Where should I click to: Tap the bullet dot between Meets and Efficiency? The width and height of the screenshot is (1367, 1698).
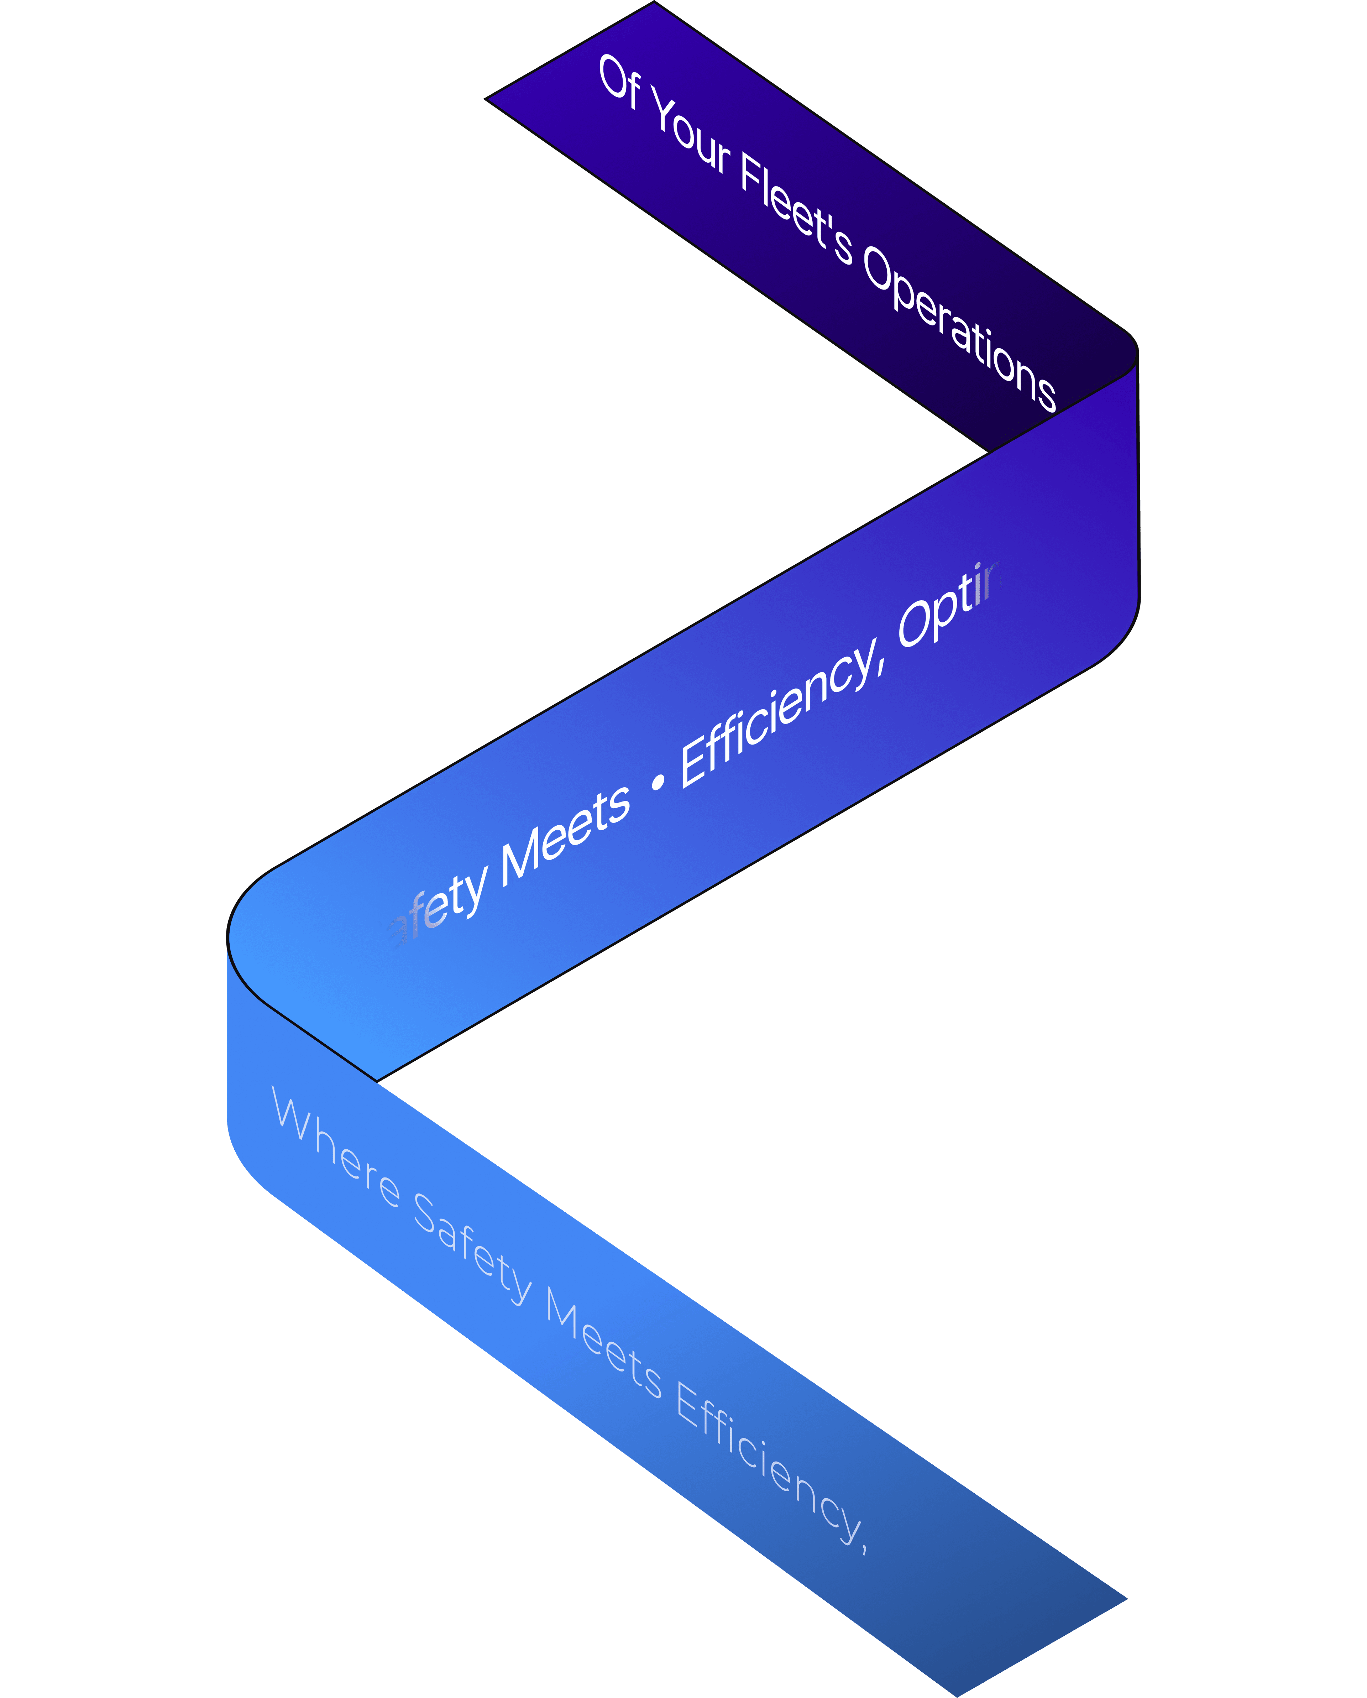point(658,781)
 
